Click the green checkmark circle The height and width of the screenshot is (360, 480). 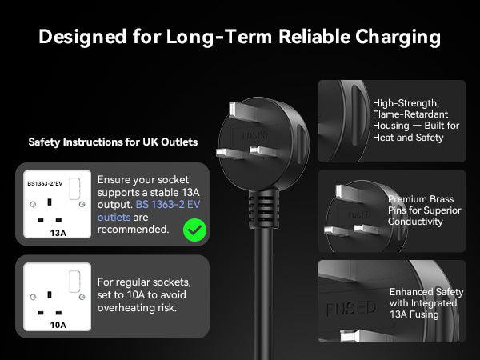[x=194, y=230]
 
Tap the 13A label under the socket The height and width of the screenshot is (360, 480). [x=58, y=234]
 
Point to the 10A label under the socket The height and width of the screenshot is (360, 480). [x=58, y=325]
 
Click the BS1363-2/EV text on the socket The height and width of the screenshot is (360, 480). [x=45, y=184]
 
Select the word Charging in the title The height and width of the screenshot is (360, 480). [x=398, y=38]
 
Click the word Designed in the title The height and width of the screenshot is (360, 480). [x=82, y=38]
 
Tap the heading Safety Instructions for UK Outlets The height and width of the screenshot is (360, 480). [x=113, y=142]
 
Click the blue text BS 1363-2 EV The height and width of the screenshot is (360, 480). [x=168, y=205]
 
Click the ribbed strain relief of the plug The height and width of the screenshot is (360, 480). [x=264, y=209]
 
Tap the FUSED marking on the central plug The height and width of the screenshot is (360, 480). [x=255, y=135]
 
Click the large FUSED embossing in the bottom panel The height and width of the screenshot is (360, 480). [x=351, y=308]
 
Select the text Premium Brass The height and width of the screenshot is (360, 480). [x=421, y=199]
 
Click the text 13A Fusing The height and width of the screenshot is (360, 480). [x=414, y=314]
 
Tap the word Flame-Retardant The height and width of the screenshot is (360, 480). [x=410, y=114]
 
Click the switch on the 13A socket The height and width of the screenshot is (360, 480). [x=74, y=189]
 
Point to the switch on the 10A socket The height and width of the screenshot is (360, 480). [x=74, y=282]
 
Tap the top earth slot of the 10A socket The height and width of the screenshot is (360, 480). [x=50, y=294]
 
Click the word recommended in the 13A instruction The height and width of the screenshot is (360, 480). [x=133, y=230]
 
